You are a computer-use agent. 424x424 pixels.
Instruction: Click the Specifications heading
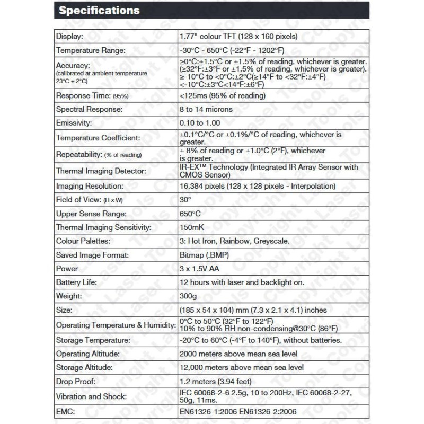click(x=99, y=10)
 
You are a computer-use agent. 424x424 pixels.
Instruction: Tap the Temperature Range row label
click(x=91, y=50)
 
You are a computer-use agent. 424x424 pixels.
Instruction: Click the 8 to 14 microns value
click(x=206, y=109)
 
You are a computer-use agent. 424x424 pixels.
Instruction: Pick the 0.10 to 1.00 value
click(x=200, y=122)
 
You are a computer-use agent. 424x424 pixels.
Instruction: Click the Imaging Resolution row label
click(x=90, y=186)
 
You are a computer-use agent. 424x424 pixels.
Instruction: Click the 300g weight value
click(x=189, y=296)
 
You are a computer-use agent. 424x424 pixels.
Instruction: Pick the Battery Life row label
click(x=76, y=282)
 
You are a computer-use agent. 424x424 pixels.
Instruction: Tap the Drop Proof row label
click(x=75, y=381)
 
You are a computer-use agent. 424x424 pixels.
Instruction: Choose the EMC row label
click(x=66, y=411)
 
